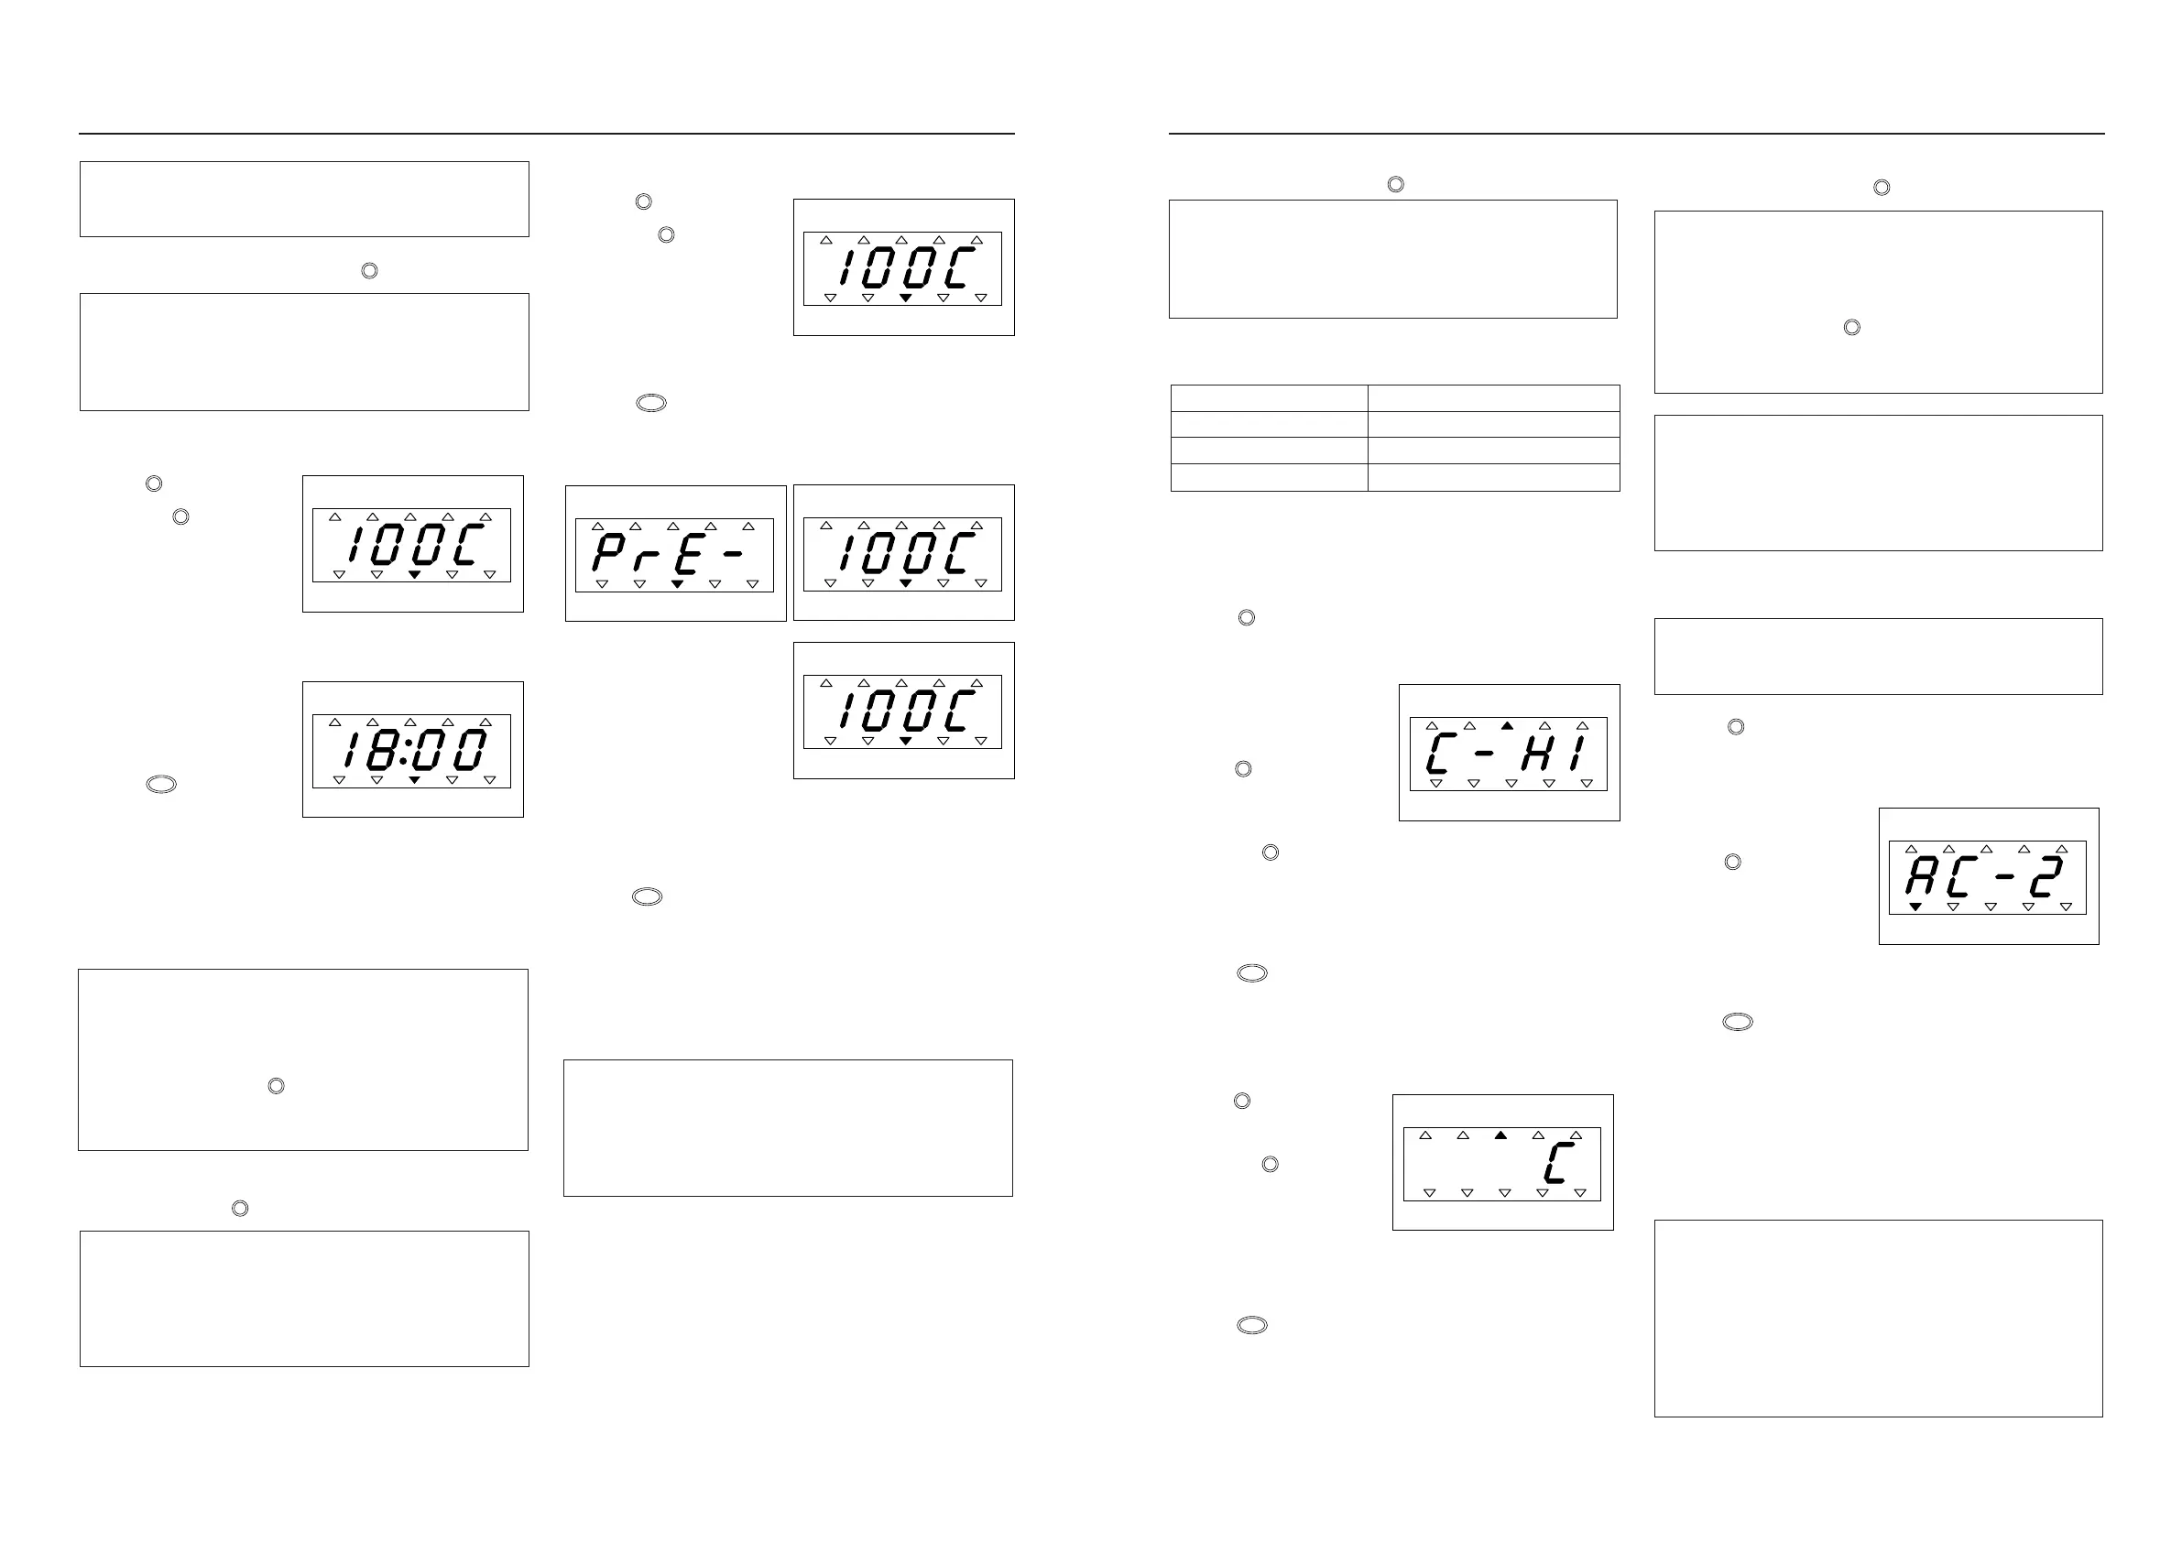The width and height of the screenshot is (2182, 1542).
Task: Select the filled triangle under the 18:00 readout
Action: (x=414, y=780)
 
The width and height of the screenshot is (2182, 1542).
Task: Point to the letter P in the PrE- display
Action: (x=608, y=553)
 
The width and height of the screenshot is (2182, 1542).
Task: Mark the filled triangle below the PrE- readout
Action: (x=678, y=584)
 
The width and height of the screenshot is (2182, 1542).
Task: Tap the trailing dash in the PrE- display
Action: (x=733, y=554)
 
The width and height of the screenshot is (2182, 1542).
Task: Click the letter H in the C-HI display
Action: (x=1537, y=754)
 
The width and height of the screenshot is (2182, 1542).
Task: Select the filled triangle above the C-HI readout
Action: (x=1507, y=726)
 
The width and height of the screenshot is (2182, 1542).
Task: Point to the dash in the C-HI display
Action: (x=1486, y=753)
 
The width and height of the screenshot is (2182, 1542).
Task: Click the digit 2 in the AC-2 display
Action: (x=2046, y=877)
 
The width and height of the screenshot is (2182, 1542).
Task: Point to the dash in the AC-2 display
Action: (x=2005, y=877)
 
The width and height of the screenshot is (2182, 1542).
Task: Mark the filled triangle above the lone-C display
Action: (x=1500, y=1135)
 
